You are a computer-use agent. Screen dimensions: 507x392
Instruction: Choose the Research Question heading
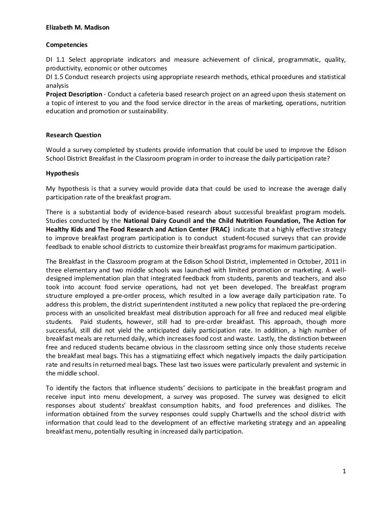coord(73,135)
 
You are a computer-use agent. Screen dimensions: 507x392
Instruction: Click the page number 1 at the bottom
coord(345,471)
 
